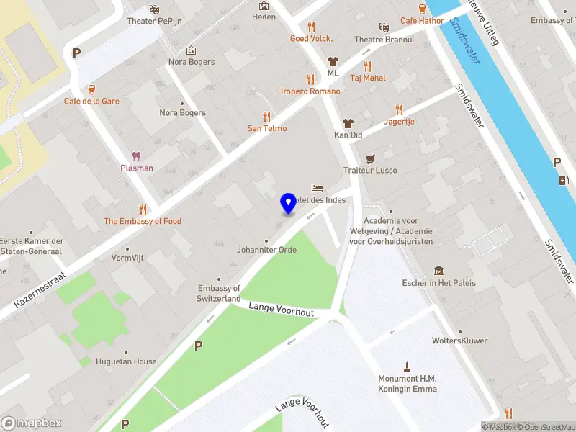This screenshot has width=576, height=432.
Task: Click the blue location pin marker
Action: (x=288, y=202)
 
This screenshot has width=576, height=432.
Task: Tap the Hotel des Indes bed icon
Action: (x=317, y=188)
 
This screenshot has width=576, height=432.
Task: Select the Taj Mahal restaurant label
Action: (x=367, y=78)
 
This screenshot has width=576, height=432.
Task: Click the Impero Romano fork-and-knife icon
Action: (x=310, y=79)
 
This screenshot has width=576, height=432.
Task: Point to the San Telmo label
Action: (x=267, y=128)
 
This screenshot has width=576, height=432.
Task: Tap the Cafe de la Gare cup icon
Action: (x=91, y=89)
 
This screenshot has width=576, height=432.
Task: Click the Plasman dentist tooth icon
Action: (x=135, y=156)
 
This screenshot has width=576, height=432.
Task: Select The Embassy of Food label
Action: (x=143, y=221)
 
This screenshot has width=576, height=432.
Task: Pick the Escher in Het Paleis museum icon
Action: (x=438, y=271)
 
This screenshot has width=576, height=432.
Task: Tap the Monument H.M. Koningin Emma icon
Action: (x=408, y=366)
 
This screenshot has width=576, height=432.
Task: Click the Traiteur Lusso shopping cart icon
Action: (x=370, y=158)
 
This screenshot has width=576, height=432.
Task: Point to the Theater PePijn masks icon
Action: (x=153, y=9)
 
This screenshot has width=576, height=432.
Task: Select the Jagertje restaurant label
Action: (x=399, y=122)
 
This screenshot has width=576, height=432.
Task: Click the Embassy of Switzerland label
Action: (x=219, y=293)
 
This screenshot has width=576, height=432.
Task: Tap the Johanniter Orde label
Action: (x=266, y=250)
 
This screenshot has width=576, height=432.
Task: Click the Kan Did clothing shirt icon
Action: (x=348, y=123)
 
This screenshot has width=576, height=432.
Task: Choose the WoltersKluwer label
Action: (x=459, y=341)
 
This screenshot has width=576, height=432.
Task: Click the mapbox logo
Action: (x=30, y=423)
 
